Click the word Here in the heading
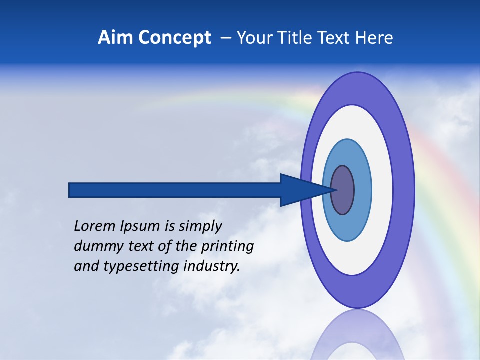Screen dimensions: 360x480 [375, 38]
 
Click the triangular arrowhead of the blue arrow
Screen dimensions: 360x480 [300, 190]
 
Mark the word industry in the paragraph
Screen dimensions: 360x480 [212, 266]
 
